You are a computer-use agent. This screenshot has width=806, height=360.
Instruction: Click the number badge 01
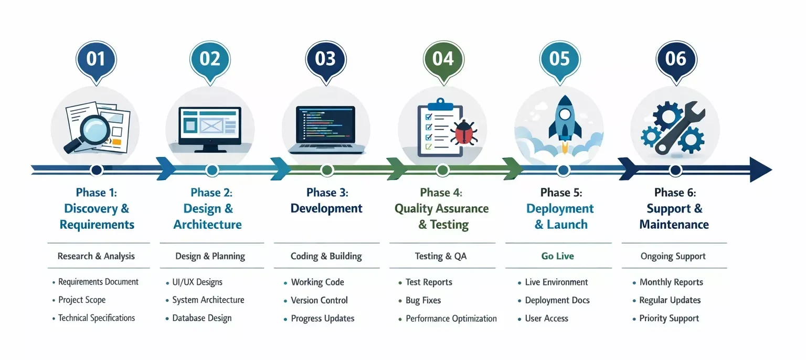click(x=96, y=59)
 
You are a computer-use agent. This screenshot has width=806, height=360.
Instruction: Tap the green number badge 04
click(x=443, y=59)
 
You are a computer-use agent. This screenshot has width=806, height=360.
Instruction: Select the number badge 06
click(x=676, y=59)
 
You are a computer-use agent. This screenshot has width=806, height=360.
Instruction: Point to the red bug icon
click(x=463, y=132)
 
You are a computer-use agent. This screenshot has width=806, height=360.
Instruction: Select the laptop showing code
click(x=325, y=129)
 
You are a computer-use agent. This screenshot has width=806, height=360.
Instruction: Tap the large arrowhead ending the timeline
click(x=760, y=170)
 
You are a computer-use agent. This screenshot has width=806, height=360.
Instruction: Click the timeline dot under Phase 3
click(x=327, y=170)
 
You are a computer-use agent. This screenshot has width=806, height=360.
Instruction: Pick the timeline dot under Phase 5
click(x=563, y=170)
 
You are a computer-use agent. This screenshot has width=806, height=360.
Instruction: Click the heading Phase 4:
click(x=441, y=193)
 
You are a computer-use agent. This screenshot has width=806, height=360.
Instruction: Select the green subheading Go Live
click(x=557, y=256)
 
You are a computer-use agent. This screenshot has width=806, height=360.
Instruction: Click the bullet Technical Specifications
click(x=97, y=318)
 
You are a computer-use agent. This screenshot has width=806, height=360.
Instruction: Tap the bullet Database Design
click(x=202, y=318)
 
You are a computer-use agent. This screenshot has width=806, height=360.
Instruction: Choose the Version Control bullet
click(x=319, y=300)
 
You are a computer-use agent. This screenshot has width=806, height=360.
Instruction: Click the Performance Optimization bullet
click(x=451, y=319)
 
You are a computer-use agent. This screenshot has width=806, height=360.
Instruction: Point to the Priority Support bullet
click(x=669, y=319)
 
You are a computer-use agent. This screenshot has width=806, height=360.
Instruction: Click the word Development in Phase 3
click(x=326, y=208)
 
